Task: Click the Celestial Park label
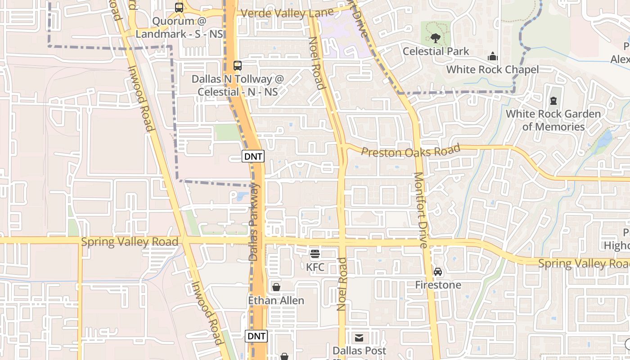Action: tap(436, 51)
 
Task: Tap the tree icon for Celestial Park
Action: tap(435, 38)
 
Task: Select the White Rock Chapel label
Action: tap(492, 70)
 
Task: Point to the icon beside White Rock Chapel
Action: tap(493, 57)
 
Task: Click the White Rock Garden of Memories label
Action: tap(553, 120)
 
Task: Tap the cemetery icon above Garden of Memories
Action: tap(553, 101)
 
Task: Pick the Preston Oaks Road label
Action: tap(411, 151)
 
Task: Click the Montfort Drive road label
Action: tap(420, 210)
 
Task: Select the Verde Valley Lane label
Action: tap(287, 13)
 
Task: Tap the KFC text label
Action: tap(315, 267)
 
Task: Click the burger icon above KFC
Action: tap(315, 254)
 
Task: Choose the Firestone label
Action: tap(438, 285)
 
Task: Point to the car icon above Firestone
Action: tap(438, 272)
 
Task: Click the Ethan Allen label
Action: tap(276, 300)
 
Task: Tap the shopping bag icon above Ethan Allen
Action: tap(276, 287)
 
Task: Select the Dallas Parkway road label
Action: tap(254, 222)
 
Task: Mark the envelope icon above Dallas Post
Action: tap(359, 337)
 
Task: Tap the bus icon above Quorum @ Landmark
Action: tap(179, 8)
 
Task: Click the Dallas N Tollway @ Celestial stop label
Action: tap(238, 85)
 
